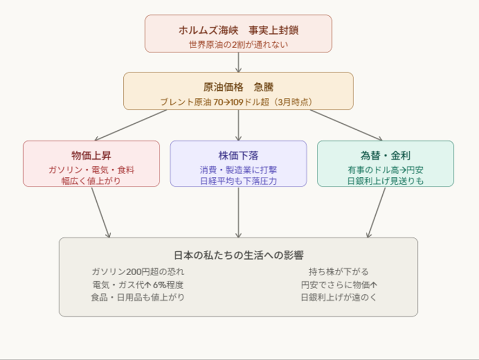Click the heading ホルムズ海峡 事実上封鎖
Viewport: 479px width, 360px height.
click(x=238, y=30)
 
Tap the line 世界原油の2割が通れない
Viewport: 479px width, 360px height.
click(x=238, y=44)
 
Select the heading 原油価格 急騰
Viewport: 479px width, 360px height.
click(x=238, y=87)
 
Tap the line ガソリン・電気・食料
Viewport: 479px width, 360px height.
click(x=91, y=170)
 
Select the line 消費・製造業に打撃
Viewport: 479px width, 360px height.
click(x=238, y=170)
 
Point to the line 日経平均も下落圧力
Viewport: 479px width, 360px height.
click(x=238, y=181)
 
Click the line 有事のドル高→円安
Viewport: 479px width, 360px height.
click(x=385, y=170)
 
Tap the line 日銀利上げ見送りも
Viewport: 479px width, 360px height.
click(x=385, y=181)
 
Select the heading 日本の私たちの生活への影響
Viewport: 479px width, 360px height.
click(x=238, y=255)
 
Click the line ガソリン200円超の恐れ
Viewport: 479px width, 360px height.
click(x=138, y=271)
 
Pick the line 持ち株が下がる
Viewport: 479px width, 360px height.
click(x=338, y=271)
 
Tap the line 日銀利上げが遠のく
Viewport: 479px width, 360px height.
click(x=338, y=297)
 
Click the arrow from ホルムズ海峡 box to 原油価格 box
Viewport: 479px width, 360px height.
click(x=238, y=62)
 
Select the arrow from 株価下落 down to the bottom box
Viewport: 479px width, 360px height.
click(x=238, y=212)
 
